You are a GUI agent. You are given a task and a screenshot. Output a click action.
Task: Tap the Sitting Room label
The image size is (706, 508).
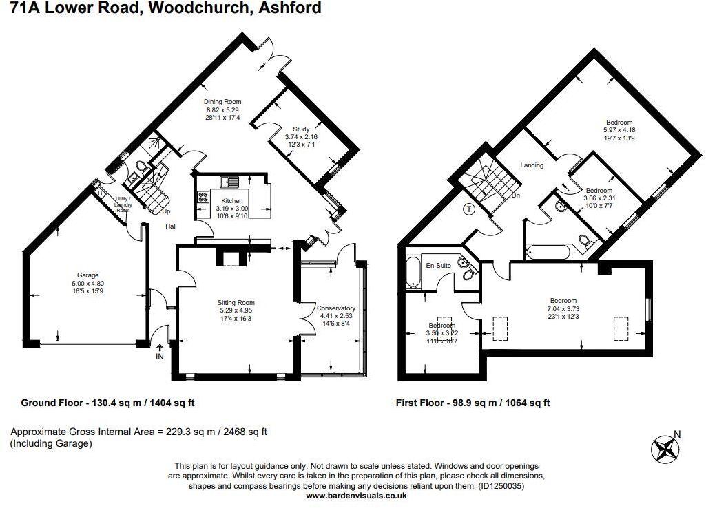[236, 303]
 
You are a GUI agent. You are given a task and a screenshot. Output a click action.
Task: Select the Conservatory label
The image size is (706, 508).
[335, 308]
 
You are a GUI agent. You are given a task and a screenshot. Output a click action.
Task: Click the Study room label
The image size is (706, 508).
[301, 129]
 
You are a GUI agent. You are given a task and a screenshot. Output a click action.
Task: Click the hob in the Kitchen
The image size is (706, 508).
[204, 195]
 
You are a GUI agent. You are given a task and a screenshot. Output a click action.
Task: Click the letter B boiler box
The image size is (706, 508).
[100, 193]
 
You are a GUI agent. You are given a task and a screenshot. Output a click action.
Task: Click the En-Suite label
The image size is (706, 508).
[438, 265]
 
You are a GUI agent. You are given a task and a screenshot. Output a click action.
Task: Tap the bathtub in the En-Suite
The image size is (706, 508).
[413, 272]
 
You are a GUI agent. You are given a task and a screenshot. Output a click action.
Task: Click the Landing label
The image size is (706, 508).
[532, 165]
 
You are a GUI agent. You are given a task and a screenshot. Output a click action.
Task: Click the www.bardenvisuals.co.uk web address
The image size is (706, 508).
[356, 496]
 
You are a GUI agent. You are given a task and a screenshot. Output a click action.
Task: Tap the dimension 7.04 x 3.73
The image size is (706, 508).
[563, 308]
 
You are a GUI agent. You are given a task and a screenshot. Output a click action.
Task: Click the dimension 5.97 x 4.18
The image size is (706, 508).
[614, 130]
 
